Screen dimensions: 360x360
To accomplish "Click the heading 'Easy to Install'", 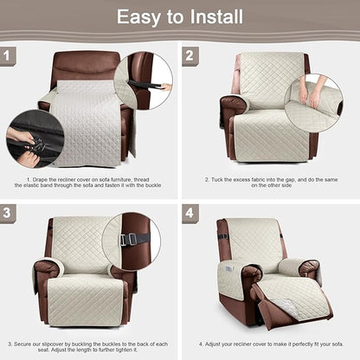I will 180,17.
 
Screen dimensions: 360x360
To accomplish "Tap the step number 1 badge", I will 10,56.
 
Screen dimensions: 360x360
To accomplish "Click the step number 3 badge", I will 10,212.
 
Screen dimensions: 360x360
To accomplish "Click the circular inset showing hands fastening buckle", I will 34,138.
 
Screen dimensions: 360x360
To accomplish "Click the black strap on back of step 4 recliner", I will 222,235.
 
